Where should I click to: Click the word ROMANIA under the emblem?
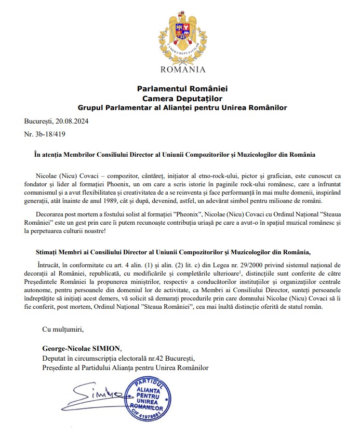click(x=183, y=70)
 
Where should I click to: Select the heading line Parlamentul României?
click(x=182, y=89)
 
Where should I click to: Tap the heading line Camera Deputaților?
click(x=182, y=98)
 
